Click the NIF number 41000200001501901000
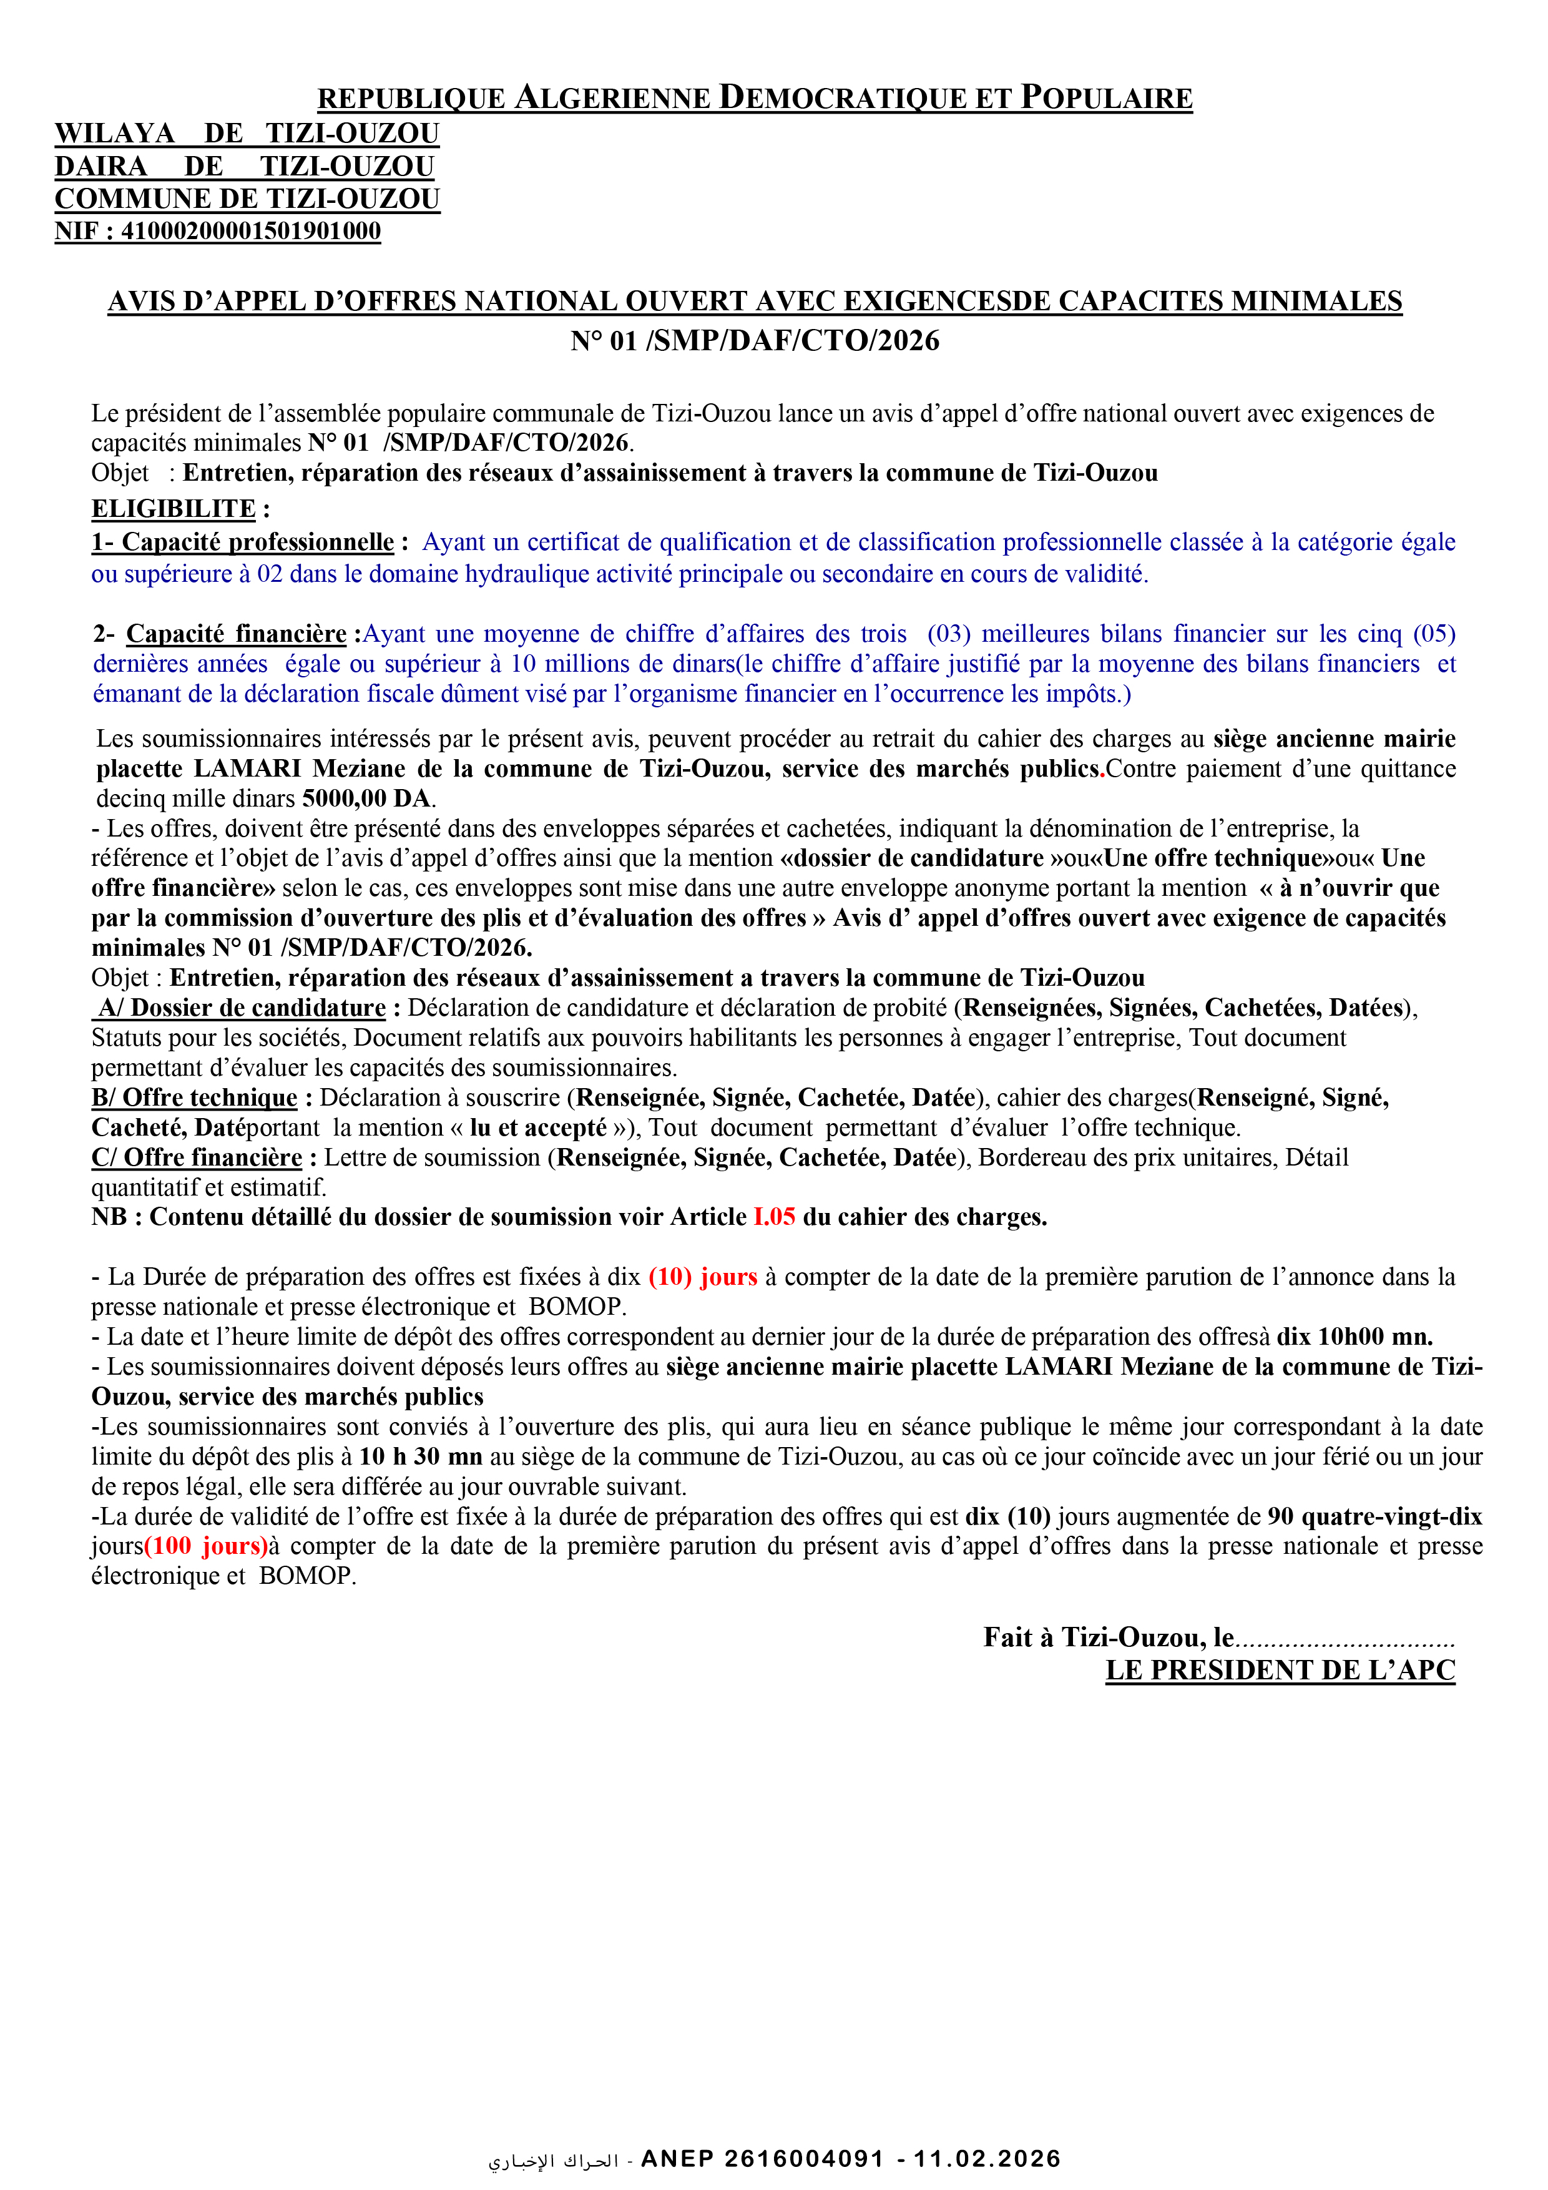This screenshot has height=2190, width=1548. pyautogui.click(x=250, y=232)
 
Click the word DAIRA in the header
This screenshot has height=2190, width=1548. pyautogui.click(x=101, y=167)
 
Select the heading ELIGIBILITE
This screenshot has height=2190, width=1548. pyautogui.click(x=174, y=509)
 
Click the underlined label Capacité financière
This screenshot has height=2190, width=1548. pyautogui.click(x=237, y=634)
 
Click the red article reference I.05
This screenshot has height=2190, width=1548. pyautogui.click(x=773, y=1217)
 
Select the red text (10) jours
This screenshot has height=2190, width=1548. pyautogui.click(x=703, y=1277)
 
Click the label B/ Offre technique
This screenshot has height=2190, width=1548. pyautogui.click(x=195, y=1098)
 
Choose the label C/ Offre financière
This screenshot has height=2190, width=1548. pyautogui.click(x=197, y=1158)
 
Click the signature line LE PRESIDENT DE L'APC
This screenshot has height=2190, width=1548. pyautogui.click(x=1280, y=1670)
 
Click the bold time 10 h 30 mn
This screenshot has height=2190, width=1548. pyautogui.click(x=421, y=1456)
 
